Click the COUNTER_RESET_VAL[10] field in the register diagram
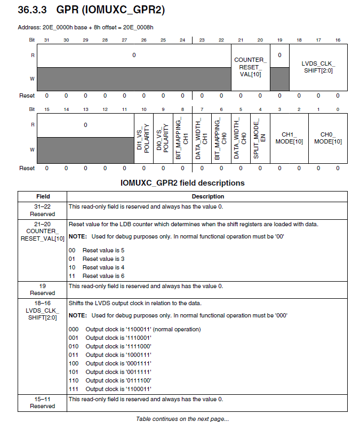[x=250, y=67]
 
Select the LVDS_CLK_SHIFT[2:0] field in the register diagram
[x=318, y=67]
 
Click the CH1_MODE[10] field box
[x=289, y=138]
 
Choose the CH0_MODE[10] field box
[x=327, y=138]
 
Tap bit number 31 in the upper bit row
[x=46, y=40]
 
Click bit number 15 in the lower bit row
[x=46, y=109]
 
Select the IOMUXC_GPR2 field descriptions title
[x=182, y=183]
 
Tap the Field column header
[x=43, y=196]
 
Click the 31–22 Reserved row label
[x=43, y=210]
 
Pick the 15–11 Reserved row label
[x=43, y=403]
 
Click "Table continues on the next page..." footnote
[x=182, y=419]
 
